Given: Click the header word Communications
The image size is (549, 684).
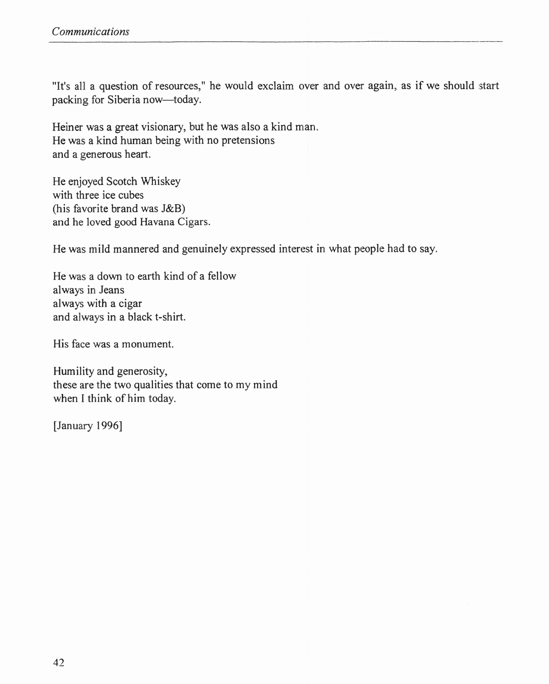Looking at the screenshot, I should (91, 32).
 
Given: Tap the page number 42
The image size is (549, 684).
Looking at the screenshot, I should (59, 662).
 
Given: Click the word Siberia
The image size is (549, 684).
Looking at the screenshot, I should (123, 100).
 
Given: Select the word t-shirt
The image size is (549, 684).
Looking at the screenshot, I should (170, 317).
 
